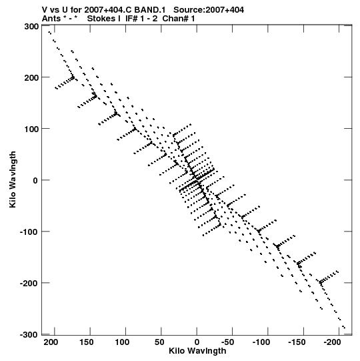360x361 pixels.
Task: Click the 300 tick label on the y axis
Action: (x=31, y=27)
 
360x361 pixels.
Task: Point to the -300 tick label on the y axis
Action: (x=29, y=334)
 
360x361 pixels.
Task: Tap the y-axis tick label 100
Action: (x=31, y=129)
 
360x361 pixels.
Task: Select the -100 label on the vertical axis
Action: (x=29, y=232)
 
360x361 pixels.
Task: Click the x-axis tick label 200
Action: (x=51, y=342)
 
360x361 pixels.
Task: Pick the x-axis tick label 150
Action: (x=87, y=342)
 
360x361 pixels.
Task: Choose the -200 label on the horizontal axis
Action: (x=332, y=342)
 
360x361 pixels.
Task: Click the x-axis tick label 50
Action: (x=159, y=342)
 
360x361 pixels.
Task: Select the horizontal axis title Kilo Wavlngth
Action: (x=197, y=351)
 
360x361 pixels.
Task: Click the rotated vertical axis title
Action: (x=13, y=179)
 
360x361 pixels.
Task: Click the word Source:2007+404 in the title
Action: (x=209, y=10)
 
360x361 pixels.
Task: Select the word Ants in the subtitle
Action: (x=51, y=19)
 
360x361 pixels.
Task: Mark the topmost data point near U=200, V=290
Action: (x=49, y=33)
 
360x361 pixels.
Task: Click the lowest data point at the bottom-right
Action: (x=344, y=327)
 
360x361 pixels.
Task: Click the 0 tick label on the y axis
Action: (x=35, y=180)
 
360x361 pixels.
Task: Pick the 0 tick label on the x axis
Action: (x=197, y=342)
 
